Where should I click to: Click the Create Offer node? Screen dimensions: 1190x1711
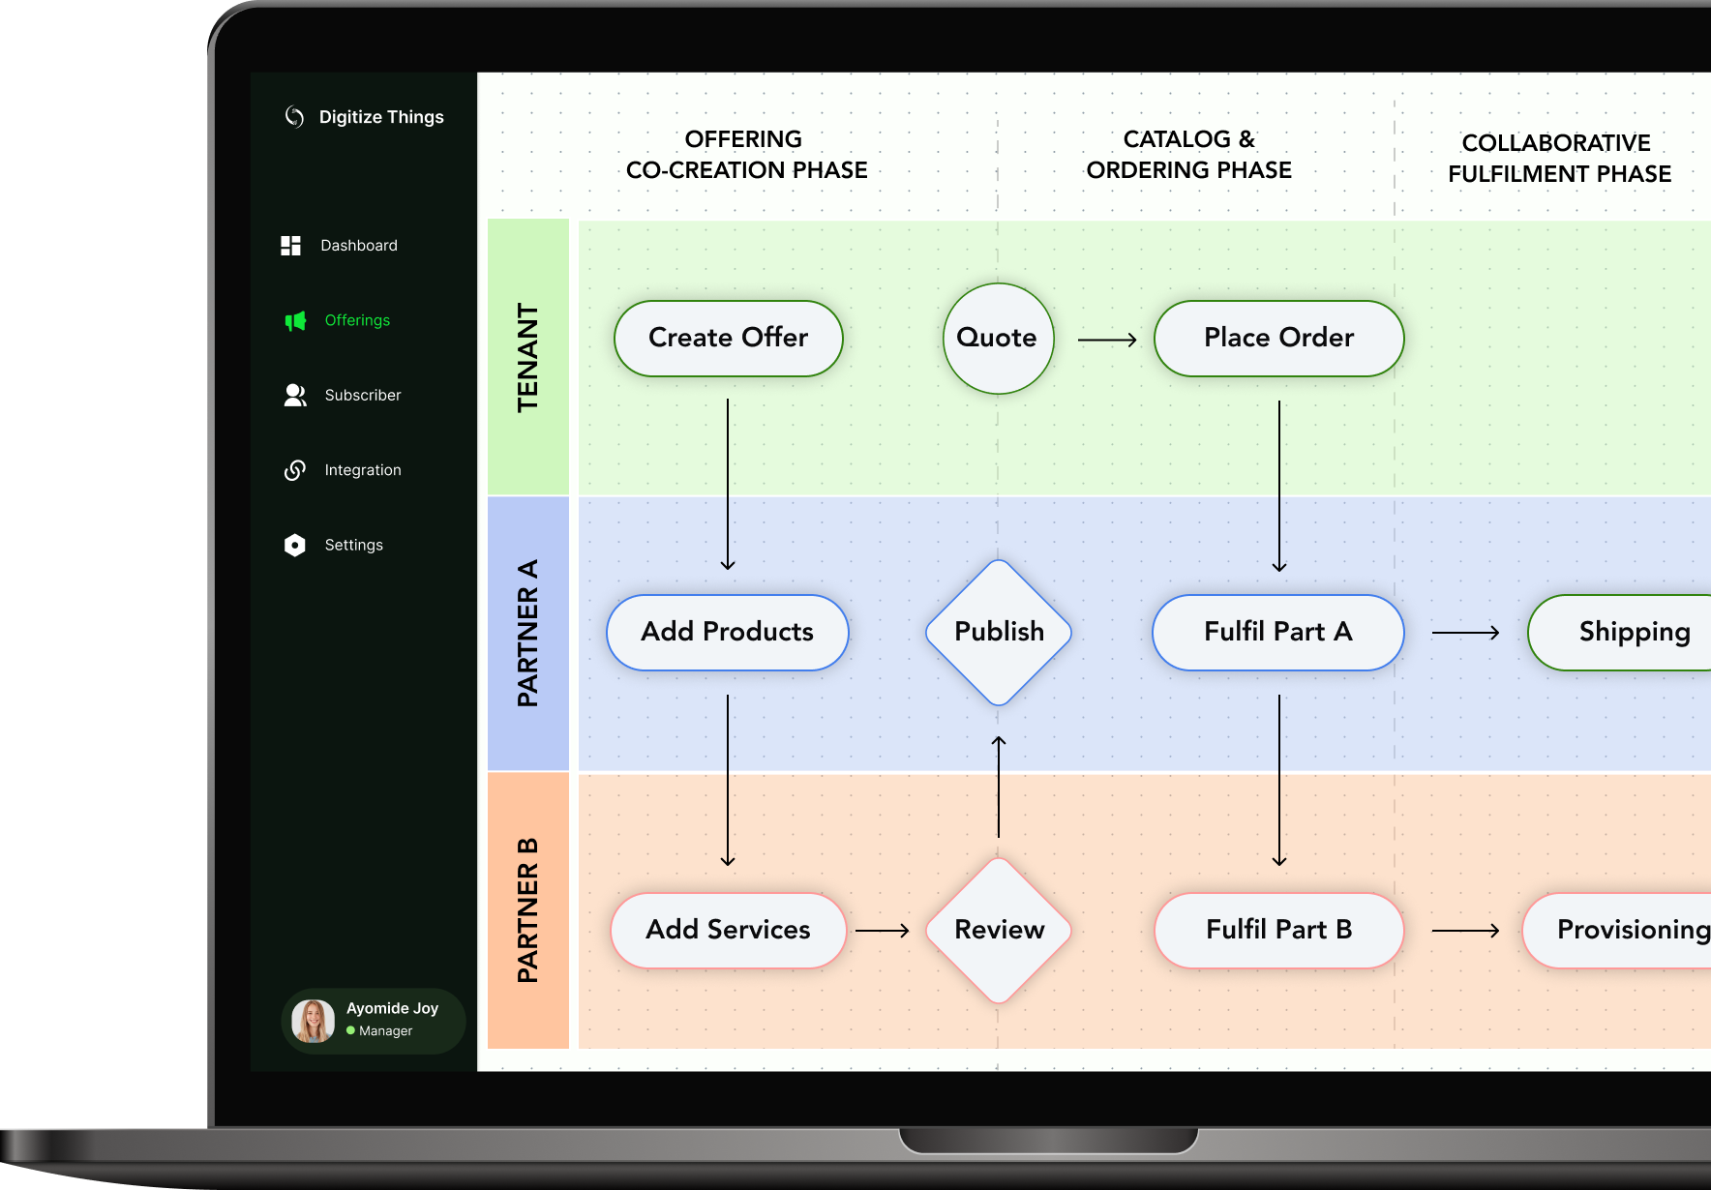728,338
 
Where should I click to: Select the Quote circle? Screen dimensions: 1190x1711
998,338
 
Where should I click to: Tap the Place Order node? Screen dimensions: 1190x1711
1278,338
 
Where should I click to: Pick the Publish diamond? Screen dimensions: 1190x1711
999,632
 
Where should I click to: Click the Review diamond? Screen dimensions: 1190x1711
999,930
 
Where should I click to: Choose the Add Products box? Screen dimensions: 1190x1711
727,632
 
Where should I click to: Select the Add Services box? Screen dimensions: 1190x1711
728,930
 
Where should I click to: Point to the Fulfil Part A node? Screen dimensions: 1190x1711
1277,632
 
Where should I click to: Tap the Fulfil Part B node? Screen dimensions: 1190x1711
1278,930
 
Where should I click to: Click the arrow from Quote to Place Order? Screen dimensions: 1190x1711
1107,340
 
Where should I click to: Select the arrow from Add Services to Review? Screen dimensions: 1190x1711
883,931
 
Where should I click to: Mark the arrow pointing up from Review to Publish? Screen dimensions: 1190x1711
999,786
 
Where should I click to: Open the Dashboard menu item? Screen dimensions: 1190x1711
358,246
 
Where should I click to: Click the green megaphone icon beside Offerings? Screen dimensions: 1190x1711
295,320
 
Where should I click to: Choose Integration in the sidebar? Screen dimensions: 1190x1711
362,470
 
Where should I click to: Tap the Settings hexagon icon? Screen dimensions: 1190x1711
295,545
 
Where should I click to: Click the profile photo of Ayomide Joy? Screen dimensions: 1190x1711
314,1021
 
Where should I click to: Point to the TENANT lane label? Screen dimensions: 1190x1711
527,357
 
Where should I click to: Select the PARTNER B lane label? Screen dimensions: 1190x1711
527,910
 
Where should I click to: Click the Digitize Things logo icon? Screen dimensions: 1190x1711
294,117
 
